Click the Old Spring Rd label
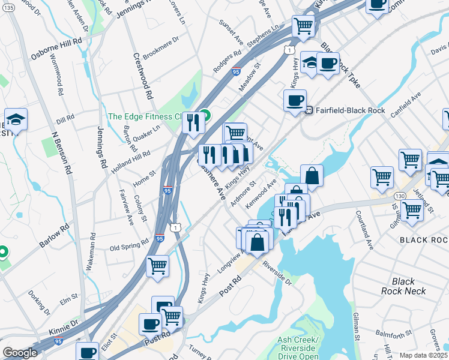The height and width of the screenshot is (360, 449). (128, 245)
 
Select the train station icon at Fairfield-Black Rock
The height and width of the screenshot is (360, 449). (310, 110)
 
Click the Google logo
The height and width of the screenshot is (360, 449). (20, 353)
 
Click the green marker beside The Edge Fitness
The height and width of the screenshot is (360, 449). (205, 115)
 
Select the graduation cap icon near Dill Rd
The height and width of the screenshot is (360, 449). (15, 118)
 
